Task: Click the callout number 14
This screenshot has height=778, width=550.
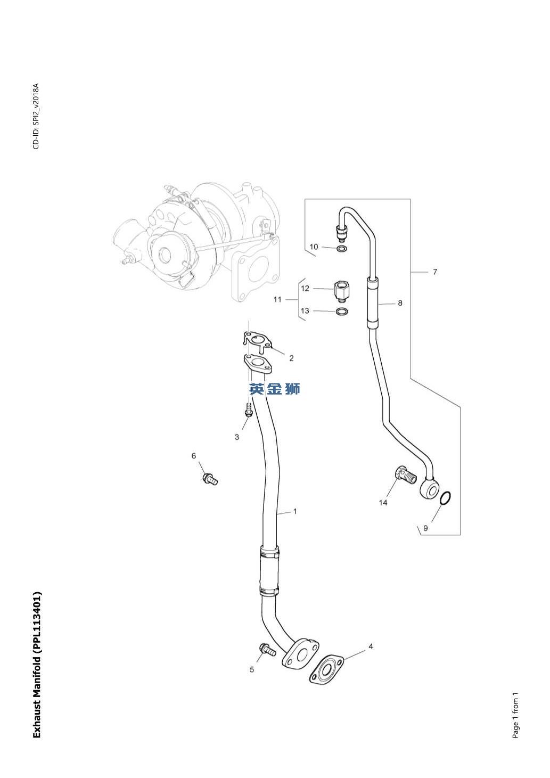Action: coord(383,503)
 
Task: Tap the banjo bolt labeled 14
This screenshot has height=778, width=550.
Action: coord(406,473)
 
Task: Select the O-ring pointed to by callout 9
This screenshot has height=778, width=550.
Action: coord(446,498)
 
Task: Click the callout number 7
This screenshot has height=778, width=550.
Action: coord(435,272)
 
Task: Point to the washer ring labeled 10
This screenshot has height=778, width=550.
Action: coord(341,248)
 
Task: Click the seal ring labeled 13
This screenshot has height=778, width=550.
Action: coord(342,311)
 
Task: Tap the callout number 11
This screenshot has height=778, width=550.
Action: coord(277,299)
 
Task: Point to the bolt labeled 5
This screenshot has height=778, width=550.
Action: coord(267,650)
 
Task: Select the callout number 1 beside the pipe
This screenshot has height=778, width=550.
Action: coord(295,511)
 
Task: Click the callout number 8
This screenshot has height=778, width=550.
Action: coord(400,303)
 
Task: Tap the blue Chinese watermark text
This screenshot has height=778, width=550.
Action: coord(275,389)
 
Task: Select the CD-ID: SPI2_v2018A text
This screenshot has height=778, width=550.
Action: coord(36,117)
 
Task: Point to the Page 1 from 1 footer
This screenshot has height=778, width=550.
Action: coord(515,716)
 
